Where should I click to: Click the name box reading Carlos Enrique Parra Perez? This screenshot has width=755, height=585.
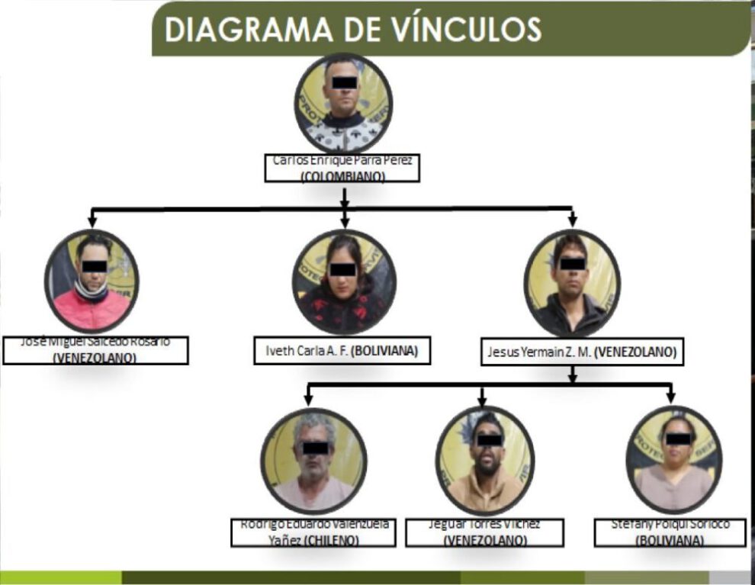[342, 168]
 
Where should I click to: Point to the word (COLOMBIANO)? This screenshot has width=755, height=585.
[342, 176]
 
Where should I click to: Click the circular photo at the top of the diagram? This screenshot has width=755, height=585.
[343, 103]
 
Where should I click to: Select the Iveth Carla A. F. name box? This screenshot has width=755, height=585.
[343, 352]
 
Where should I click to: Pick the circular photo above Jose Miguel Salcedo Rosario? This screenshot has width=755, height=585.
[92, 280]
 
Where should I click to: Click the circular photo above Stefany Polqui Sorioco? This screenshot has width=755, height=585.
[674, 459]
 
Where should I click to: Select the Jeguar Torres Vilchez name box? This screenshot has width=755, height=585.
[484, 532]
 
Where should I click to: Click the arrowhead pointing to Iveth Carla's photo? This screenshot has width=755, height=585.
[345, 222]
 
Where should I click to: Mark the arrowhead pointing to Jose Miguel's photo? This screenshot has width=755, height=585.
[92, 222]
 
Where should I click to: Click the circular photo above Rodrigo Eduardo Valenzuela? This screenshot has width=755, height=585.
[314, 460]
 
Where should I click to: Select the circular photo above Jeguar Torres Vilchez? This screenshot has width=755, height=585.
[485, 460]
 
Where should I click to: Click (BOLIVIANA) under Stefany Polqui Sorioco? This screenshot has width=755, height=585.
[670, 540]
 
